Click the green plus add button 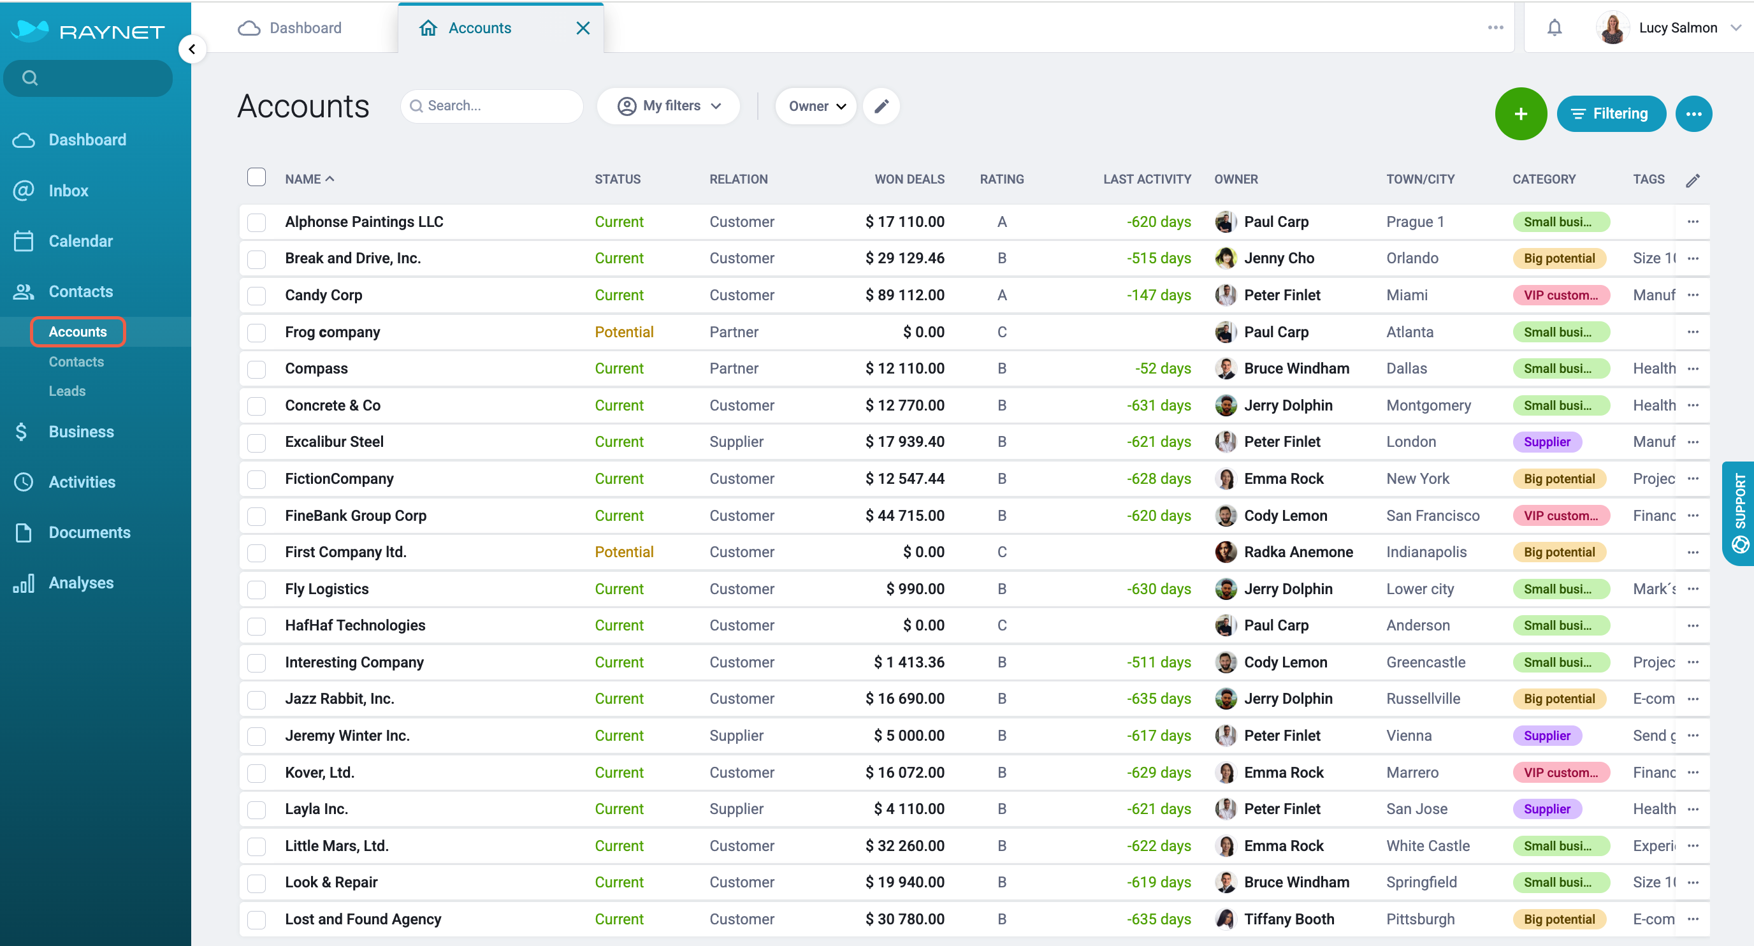(1521, 113)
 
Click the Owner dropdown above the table (816, 106)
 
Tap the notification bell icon (1554, 28)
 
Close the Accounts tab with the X (583, 28)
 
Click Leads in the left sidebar (67, 391)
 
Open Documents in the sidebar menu (89, 532)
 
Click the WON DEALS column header (909, 179)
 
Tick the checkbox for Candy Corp (257, 296)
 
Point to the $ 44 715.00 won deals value (904, 516)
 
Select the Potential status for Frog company (624, 332)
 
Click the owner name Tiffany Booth (1289, 919)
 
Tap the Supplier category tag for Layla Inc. (1547, 809)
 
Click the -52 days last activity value (1163, 368)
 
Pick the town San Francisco (1433, 516)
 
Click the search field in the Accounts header (491, 106)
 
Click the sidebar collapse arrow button (192, 49)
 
